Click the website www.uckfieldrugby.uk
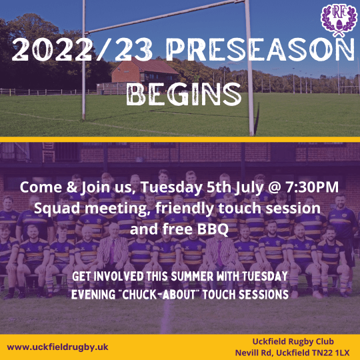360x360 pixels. tap(58, 347)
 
